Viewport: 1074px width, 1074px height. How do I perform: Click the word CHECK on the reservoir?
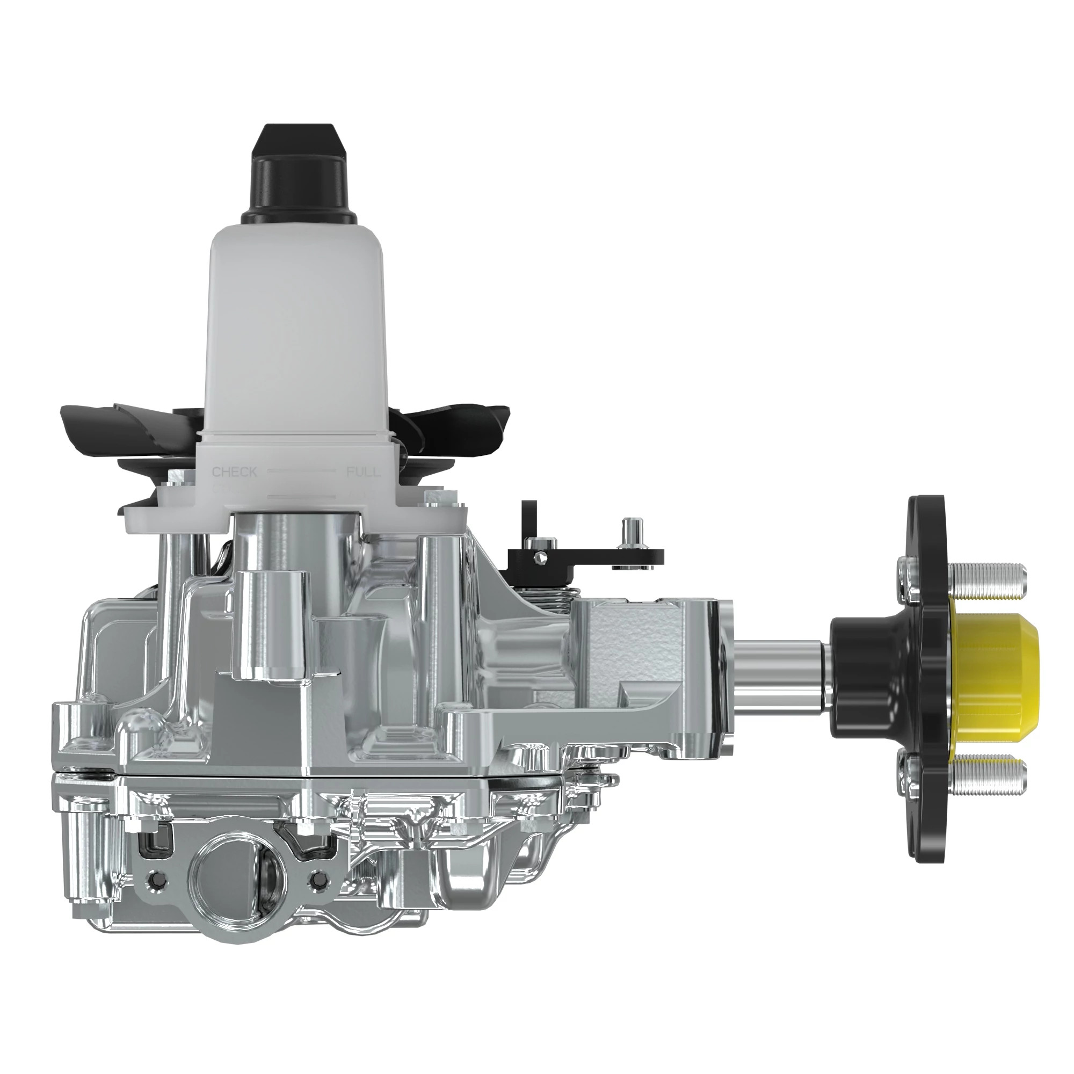pyautogui.click(x=235, y=473)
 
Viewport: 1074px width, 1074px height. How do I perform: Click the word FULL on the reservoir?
pyautogui.click(x=364, y=473)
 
